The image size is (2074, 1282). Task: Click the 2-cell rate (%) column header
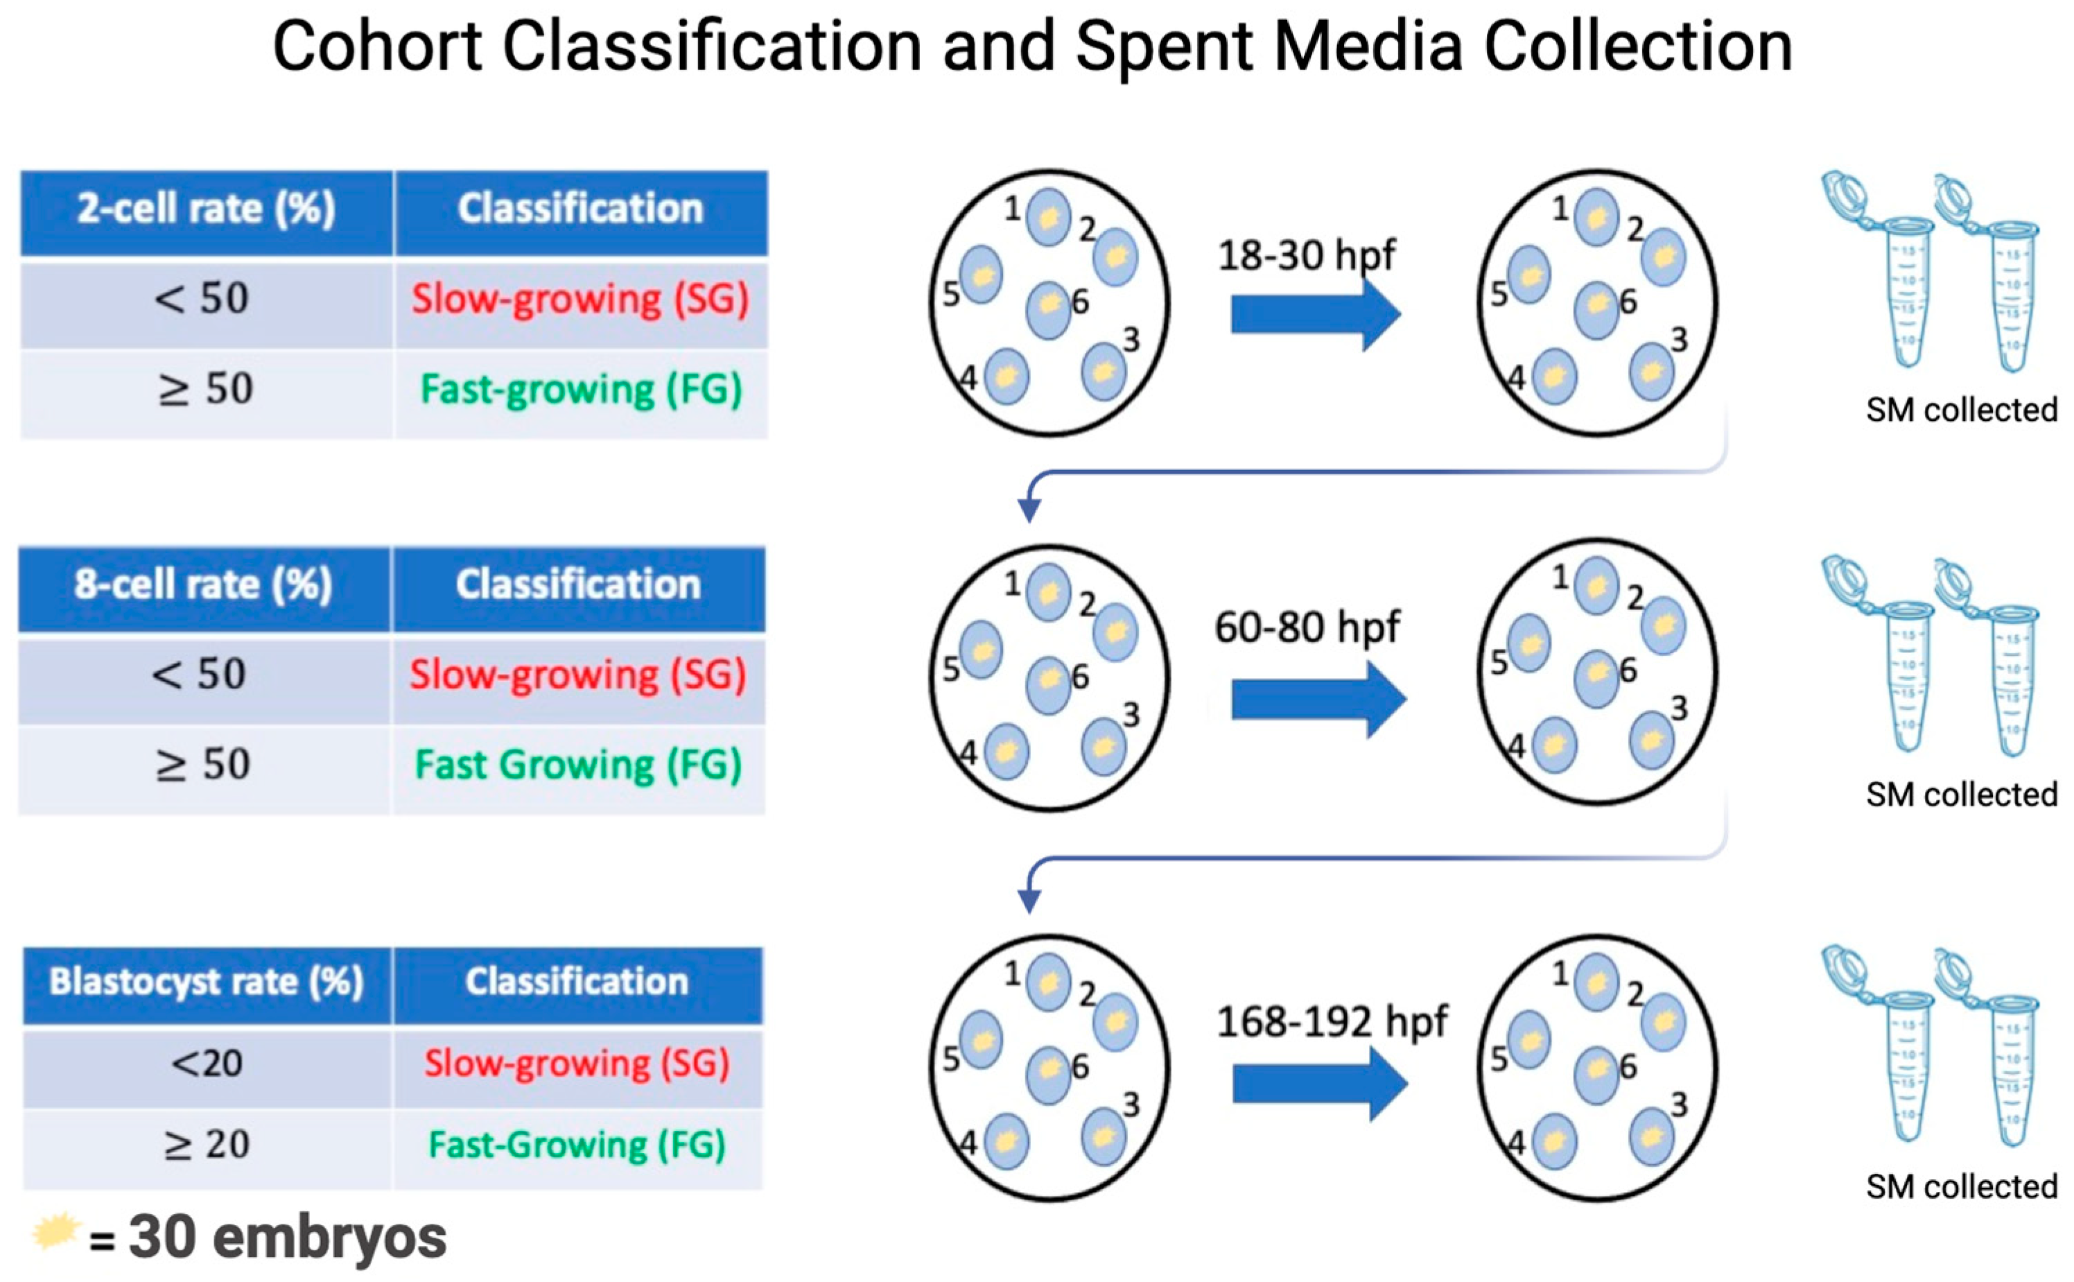[x=206, y=209]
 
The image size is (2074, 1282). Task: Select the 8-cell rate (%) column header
[x=203, y=585]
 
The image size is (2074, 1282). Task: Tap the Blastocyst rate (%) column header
[x=206, y=982]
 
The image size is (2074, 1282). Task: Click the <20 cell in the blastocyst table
[x=207, y=1063]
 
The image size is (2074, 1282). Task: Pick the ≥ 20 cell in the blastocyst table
[x=207, y=1145]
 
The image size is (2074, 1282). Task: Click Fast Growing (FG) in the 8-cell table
[x=578, y=765]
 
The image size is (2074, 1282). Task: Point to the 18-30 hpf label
[x=1306, y=254]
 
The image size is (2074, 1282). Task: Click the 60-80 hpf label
[x=1306, y=628]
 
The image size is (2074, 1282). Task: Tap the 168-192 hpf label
[x=1332, y=1022]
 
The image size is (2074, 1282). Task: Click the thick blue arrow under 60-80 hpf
[x=1318, y=700]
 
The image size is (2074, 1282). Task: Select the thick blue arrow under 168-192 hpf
[x=1319, y=1084]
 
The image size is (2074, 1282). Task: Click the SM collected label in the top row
[x=1960, y=410]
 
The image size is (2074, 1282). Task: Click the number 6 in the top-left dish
[x=1080, y=302]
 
